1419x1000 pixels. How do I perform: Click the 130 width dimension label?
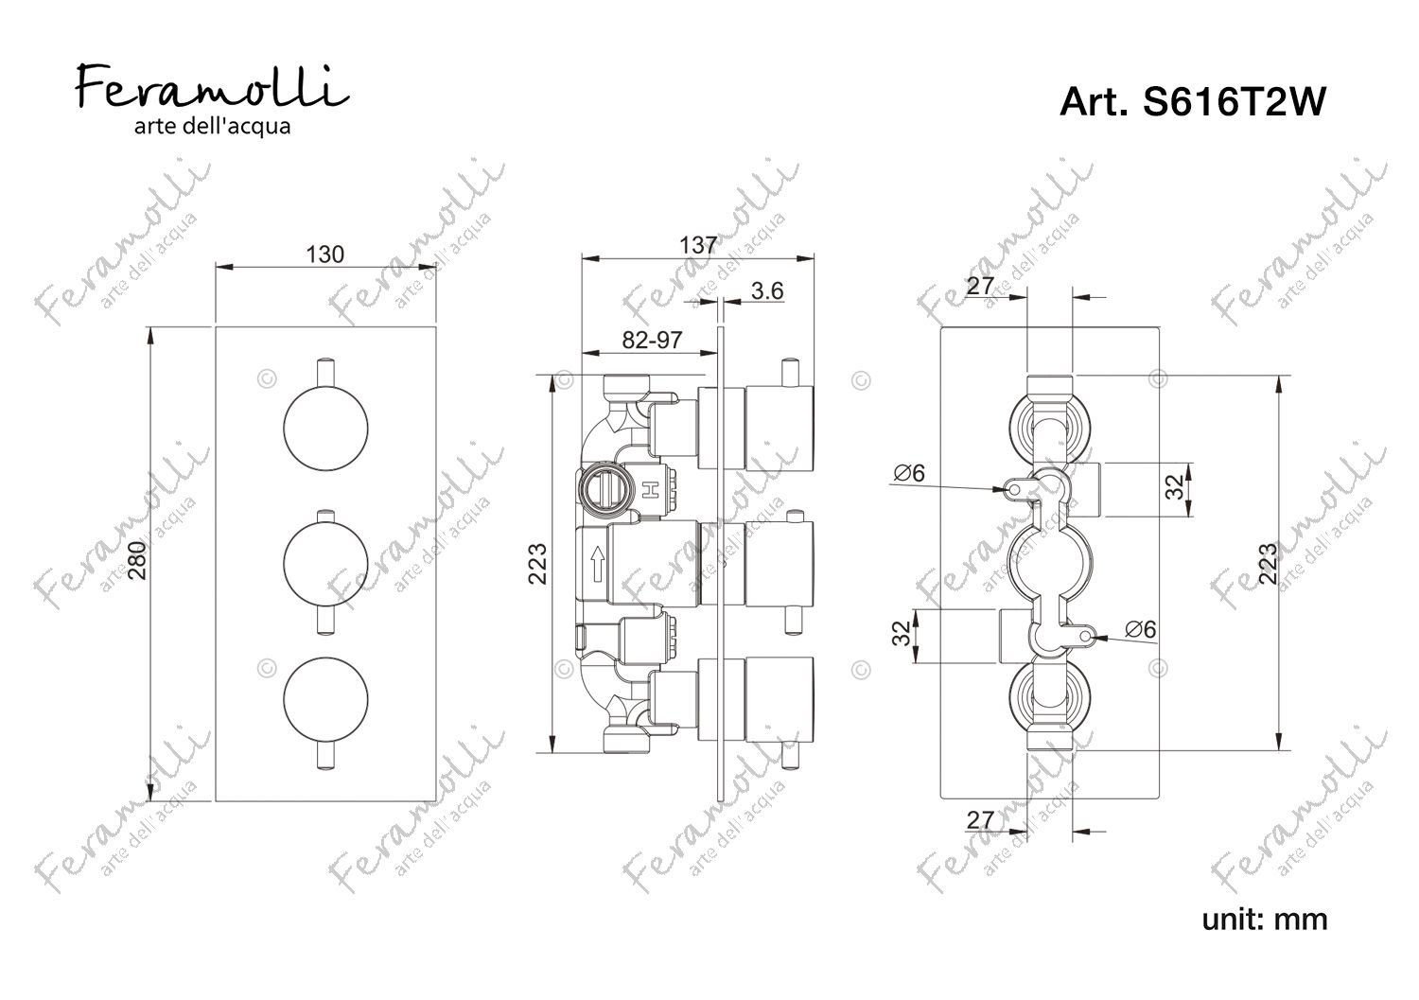pos(325,254)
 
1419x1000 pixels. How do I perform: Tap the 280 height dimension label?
pos(137,560)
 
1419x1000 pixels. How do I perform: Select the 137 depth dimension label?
pos(698,245)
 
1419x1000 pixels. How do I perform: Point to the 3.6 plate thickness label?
pos(767,290)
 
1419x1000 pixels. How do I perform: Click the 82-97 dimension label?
pos(652,341)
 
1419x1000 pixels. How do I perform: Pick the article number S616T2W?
pos(1192,101)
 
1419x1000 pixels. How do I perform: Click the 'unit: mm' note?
pos(1265,920)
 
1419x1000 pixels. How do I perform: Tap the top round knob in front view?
pos(325,429)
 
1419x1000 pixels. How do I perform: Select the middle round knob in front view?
pos(325,564)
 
